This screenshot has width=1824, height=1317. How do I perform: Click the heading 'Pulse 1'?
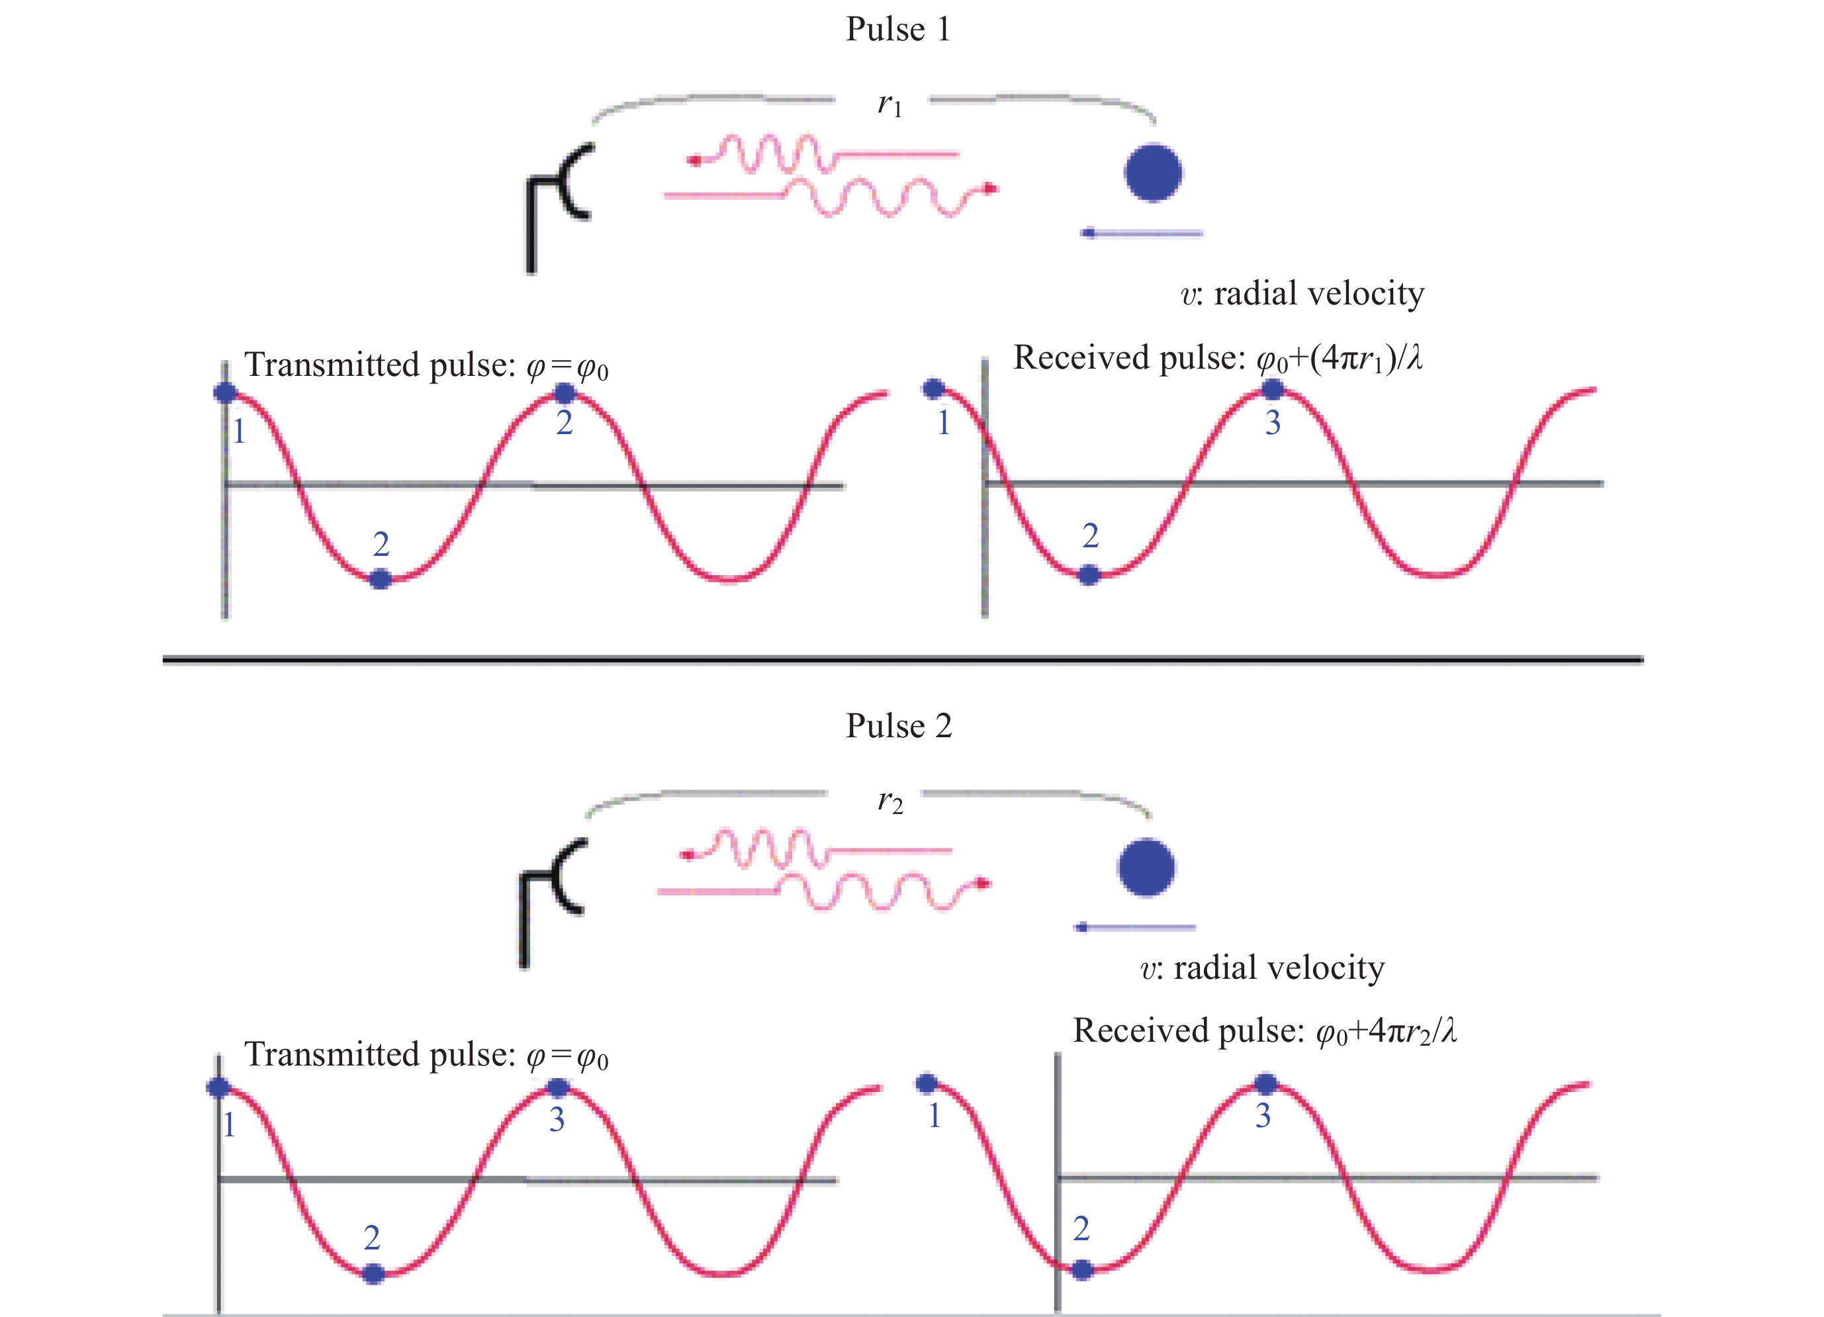tap(897, 30)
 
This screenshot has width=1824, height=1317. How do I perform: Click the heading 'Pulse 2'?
tap(898, 726)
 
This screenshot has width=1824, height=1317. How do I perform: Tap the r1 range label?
tap(889, 105)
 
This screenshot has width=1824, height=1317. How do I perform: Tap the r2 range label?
tap(889, 801)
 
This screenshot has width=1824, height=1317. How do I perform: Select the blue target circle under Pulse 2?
tap(1146, 868)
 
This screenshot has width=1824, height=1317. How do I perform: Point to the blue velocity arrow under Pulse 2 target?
tap(1134, 927)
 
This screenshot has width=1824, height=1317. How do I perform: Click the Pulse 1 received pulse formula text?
tap(1218, 358)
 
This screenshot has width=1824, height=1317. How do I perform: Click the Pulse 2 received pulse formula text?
tap(1264, 1030)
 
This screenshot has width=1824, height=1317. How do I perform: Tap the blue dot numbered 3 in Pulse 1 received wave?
tap(1271, 390)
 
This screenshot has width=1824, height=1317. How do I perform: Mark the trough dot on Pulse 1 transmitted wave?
tap(381, 578)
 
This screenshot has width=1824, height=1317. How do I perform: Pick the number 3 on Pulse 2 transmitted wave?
tap(557, 1119)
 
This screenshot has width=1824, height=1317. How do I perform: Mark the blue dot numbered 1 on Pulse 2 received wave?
tap(927, 1083)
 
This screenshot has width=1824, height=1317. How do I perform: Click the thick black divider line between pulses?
tap(902, 660)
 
